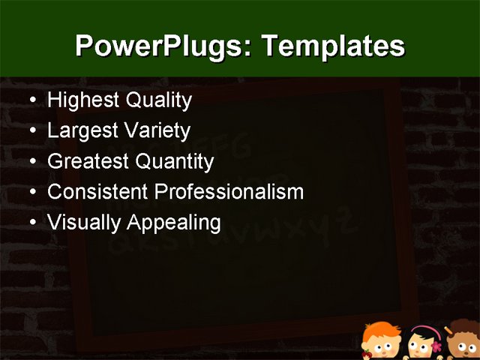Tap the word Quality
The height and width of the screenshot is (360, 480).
click(x=158, y=100)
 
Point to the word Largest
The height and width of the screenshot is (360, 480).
click(x=81, y=131)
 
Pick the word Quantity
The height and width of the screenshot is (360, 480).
click(x=177, y=162)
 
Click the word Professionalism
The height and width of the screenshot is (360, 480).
click(x=229, y=192)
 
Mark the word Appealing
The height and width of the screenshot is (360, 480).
click(x=174, y=223)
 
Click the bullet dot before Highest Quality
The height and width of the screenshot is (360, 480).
click(x=30, y=100)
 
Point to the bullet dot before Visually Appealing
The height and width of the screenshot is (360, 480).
click(x=30, y=223)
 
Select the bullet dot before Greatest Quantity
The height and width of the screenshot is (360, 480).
click(x=30, y=161)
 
